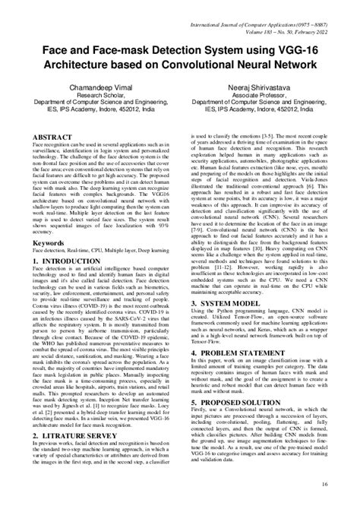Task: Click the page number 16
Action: [x=346, y=483]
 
